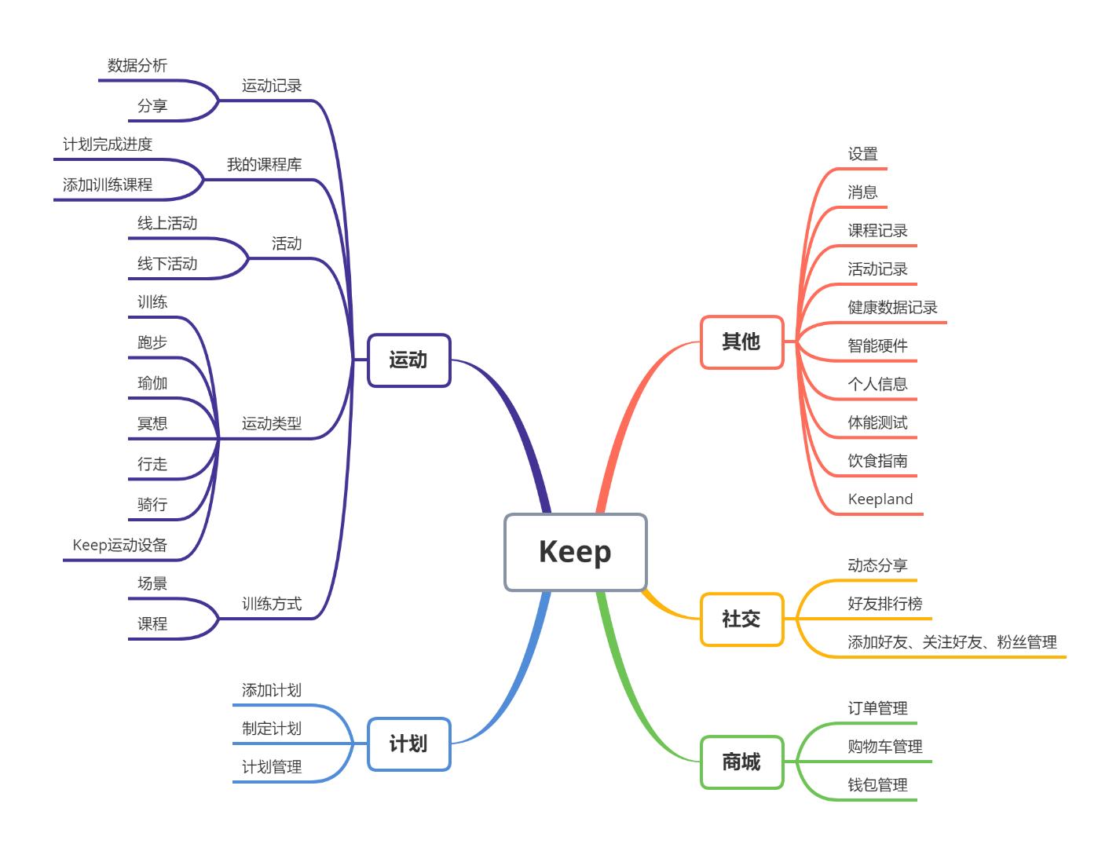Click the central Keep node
pyautogui.click(x=575, y=552)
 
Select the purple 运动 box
pyautogui.click(x=408, y=360)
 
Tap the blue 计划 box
pyautogui.click(x=408, y=744)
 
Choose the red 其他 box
pyautogui.click(x=741, y=342)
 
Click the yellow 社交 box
pyautogui.click(x=741, y=619)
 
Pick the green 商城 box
pyautogui.click(x=741, y=762)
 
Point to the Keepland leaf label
pyautogui.click(x=880, y=499)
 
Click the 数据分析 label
pyautogui.click(x=137, y=66)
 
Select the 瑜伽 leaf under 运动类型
pyautogui.click(x=152, y=383)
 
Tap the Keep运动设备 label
pyautogui.click(x=119, y=545)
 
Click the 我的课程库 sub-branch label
pyautogui.click(x=264, y=165)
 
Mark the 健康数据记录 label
pyautogui.click(x=892, y=308)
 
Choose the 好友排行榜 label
pyautogui.click(x=884, y=604)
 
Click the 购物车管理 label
pyautogui.click(x=884, y=747)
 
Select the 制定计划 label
pyautogui.click(x=271, y=729)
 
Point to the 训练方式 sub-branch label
pyautogui.click(x=271, y=604)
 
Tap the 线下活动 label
pyautogui.click(x=167, y=264)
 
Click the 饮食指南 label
pyautogui.click(x=877, y=461)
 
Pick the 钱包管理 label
pyautogui.click(x=877, y=785)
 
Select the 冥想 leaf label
pyautogui.click(x=152, y=424)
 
